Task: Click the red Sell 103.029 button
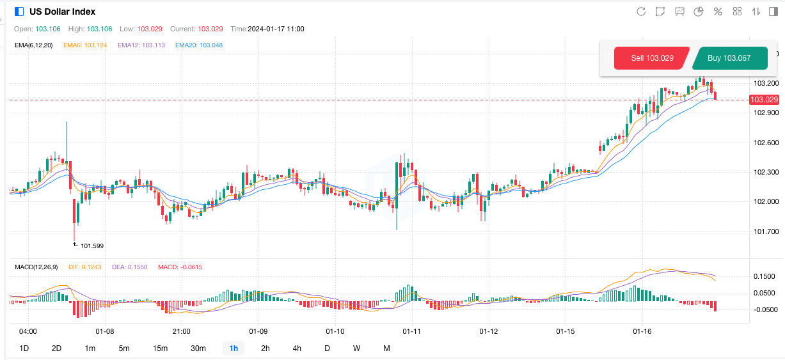click(x=651, y=58)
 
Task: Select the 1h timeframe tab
click(x=234, y=348)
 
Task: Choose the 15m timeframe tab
click(x=160, y=348)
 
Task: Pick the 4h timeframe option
click(x=297, y=348)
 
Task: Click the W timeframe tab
click(x=356, y=348)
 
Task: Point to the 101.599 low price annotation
click(x=91, y=246)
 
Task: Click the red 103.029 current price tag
click(x=764, y=100)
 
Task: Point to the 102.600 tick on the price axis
click(x=766, y=143)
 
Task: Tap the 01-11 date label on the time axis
click(x=411, y=332)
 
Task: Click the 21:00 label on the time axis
click(x=181, y=332)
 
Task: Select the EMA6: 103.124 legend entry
click(x=85, y=45)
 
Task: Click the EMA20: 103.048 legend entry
click(x=198, y=45)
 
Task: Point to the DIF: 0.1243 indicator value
click(x=84, y=267)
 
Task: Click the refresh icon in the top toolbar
click(x=641, y=12)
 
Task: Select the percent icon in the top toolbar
click(x=718, y=12)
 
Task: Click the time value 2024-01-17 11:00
click(x=276, y=29)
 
